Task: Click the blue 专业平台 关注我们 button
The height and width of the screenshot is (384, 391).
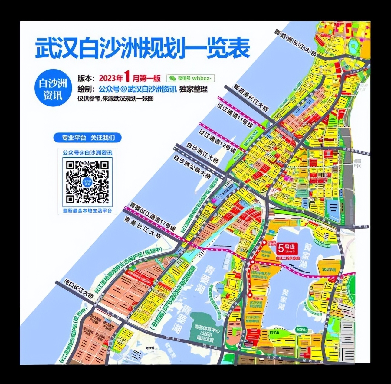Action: (x=87, y=138)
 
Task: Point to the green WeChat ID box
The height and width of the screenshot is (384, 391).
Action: (x=191, y=78)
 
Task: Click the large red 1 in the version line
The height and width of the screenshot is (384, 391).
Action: (x=127, y=77)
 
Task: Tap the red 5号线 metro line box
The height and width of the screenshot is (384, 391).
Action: (x=287, y=248)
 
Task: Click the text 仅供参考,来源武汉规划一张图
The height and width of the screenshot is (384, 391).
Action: (x=115, y=99)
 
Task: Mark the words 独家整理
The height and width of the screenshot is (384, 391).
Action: (x=194, y=89)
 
